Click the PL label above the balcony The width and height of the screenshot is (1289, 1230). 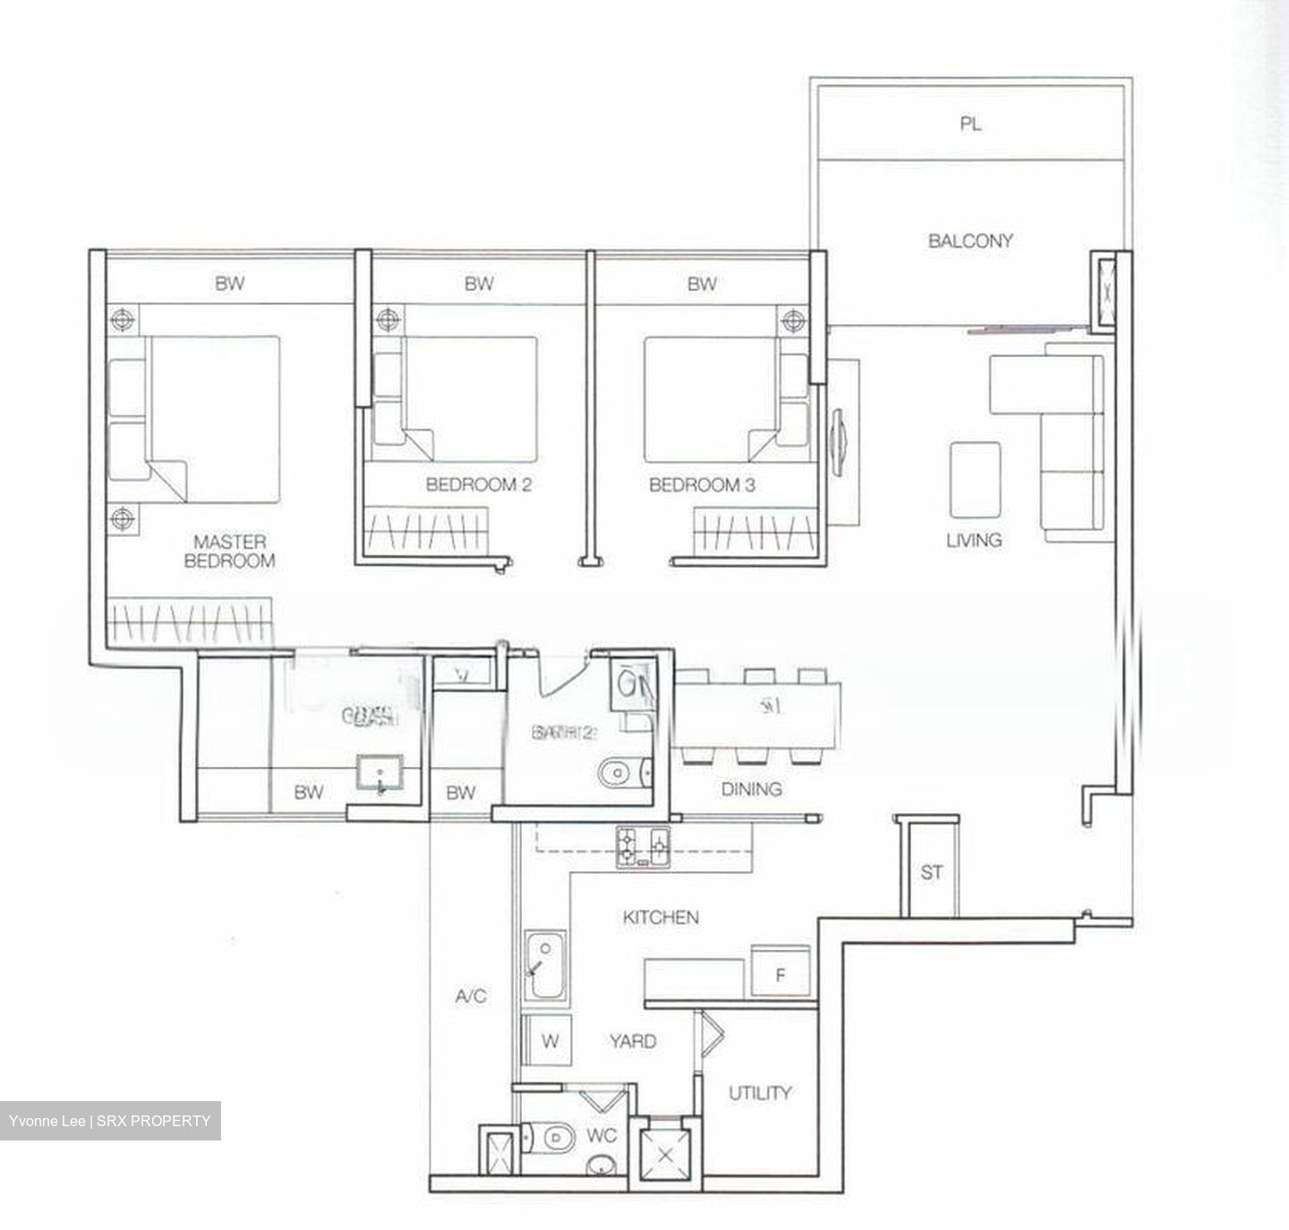coord(970,124)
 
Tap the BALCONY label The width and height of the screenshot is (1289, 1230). coord(970,241)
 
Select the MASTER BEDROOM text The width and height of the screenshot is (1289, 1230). coord(229,551)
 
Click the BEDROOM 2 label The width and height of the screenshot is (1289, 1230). coord(479,485)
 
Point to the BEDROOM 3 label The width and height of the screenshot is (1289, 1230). coord(702,485)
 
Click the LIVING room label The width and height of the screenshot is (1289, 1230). coord(974,541)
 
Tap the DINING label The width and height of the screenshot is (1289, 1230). coord(751,789)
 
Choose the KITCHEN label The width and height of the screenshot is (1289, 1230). coord(661,918)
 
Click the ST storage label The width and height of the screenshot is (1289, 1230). coord(932,872)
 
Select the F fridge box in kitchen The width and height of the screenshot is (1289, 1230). coord(780,975)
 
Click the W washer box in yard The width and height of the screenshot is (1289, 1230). coord(551,1042)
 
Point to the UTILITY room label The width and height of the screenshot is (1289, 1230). coord(759,1093)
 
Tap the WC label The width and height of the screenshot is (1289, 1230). coord(602,1136)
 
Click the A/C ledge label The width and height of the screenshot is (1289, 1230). coord(470,996)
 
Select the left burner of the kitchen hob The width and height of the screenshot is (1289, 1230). coord(628,842)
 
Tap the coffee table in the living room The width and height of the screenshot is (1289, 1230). coord(975,480)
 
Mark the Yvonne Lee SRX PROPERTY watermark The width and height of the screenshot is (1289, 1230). coord(110,1121)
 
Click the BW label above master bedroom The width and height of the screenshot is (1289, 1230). coord(229,285)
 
